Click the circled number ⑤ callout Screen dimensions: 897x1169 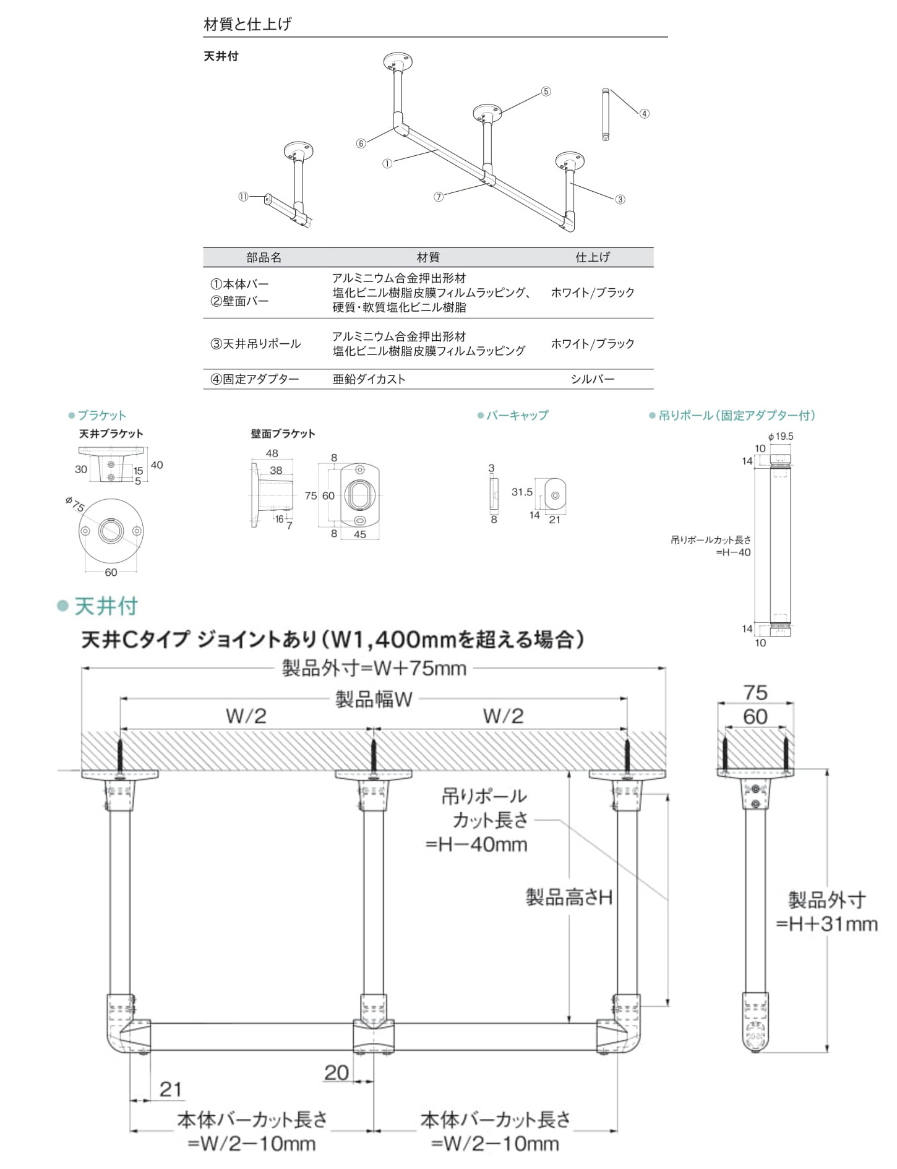click(546, 92)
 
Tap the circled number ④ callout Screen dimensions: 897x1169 click(644, 114)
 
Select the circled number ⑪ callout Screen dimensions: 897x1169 click(243, 197)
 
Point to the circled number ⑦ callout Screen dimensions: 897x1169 click(439, 197)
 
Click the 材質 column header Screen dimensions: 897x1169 click(427, 257)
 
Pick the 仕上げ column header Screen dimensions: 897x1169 click(593, 257)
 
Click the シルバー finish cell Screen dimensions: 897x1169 click(593, 379)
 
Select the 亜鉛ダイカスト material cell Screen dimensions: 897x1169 click(369, 379)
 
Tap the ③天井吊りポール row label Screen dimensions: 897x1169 click(255, 344)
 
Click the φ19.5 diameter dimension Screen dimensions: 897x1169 click(781, 436)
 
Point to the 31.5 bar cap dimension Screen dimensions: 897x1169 click(521, 492)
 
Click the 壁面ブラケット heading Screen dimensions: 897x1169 click(283, 434)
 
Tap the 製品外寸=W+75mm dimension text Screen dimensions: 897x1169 click(374, 668)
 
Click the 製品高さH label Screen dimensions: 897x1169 click(569, 897)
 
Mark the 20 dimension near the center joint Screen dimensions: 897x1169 click(337, 1072)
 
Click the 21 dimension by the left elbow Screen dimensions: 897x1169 click(171, 1089)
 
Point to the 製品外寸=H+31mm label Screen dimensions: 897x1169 click(827, 911)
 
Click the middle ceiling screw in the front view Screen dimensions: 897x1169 click(374, 754)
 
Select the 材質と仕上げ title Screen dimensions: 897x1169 click(247, 24)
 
